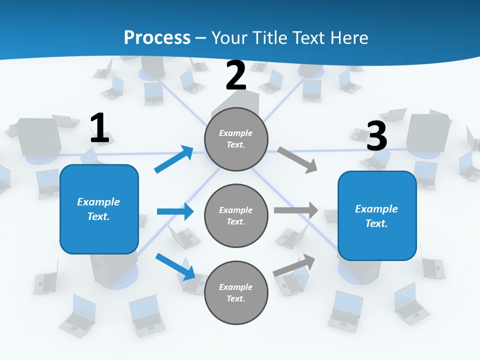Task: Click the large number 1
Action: pyautogui.click(x=99, y=128)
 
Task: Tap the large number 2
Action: pyautogui.click(x=236, y=75)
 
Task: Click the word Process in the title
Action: pyautogui.click(x=157, y=37)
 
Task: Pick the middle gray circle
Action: pyautogui.click(x=236, y=215)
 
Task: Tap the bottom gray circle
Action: pyautogui.click(x=236, y=292)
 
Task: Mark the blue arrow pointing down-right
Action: pyautogui.click(x=175, y=266)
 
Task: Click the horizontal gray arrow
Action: pyautogui.click(x=296, y=210)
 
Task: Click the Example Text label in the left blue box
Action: pyautogui.click(x=98, y=209)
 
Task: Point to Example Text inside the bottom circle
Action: pyautogui.click(x=236, y=293)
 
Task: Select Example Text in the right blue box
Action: pyautogui.click(x=376, y=216)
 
